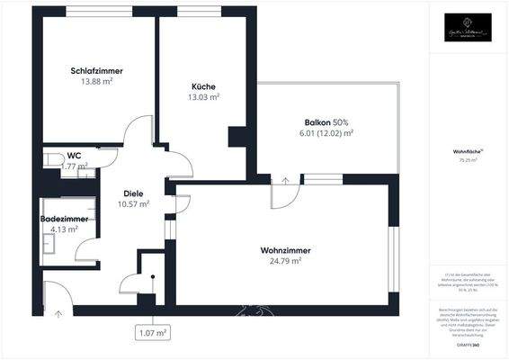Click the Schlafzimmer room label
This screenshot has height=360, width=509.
96,70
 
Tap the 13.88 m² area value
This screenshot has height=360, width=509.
96,81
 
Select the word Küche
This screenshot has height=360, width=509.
203,86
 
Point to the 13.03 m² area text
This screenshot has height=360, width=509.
203,97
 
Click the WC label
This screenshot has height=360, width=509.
75,156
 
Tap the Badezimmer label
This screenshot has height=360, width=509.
64,219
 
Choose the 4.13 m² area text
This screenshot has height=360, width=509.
64,229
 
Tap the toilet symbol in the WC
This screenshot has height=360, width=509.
49,160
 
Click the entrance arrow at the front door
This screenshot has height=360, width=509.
58,314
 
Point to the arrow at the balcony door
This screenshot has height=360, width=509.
286,179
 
